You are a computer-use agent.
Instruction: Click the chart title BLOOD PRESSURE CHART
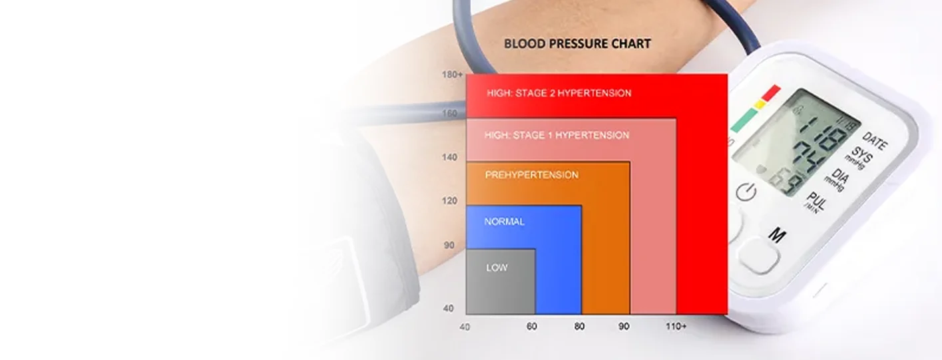pos(577,44)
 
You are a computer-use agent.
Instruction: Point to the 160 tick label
pos(450,114)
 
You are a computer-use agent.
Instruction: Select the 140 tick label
pos(450,158)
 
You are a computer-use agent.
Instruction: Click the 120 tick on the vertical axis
pos(450,201)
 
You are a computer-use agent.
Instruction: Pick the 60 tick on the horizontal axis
pos(531,327)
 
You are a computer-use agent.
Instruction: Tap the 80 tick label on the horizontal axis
pos(579,327)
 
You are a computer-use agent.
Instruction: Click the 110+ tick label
pos(676,327)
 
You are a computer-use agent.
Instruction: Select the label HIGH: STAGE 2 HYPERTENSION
pos(559,93)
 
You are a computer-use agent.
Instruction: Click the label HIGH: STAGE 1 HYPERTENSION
pos(557,135)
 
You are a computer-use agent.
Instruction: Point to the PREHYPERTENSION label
pos(531,175)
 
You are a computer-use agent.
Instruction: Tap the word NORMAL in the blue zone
pos(504,222)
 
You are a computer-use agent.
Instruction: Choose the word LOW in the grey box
pos(497,268)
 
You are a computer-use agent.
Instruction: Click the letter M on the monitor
pos(777,234)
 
